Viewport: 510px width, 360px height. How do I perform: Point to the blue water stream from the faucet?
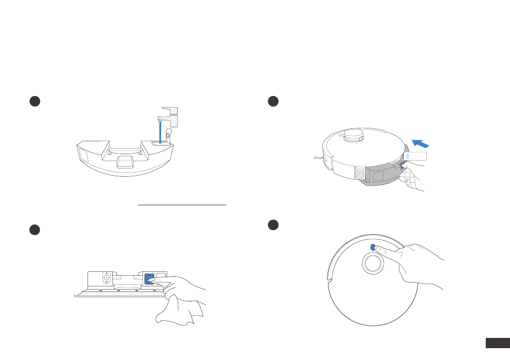click(160, 132)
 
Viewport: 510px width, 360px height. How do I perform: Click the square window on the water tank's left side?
click(83, 155)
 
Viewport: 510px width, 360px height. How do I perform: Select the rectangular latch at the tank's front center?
click(125, 162)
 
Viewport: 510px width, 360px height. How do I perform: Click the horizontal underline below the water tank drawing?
click(182, 205)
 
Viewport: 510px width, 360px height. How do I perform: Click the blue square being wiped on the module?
click(149, 278)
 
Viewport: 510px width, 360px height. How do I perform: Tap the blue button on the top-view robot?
click(373, 247)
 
